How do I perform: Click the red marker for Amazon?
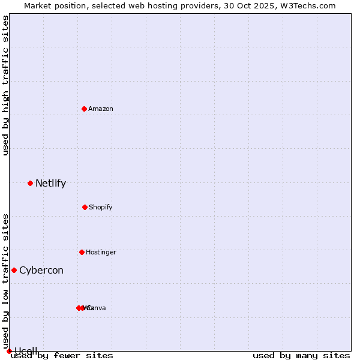pos(84,109)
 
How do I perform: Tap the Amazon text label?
pos(101,109)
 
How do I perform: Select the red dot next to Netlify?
pos(30,183)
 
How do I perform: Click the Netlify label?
pos(50,184)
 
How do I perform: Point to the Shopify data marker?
pos(85,207)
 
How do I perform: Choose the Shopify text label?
pos(101,208)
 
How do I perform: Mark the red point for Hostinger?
pos(82,252)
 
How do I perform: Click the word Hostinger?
pos(101,253)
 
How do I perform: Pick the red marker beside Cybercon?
pos(14,270)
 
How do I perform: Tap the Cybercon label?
pos(41,271)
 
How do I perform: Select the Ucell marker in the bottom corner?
pos(9,351)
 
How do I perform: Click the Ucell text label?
pos(26,351)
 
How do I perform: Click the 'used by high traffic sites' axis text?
pos(5,85)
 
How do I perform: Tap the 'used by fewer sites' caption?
pos(62,355)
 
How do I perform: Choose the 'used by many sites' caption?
pos(301,355)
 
